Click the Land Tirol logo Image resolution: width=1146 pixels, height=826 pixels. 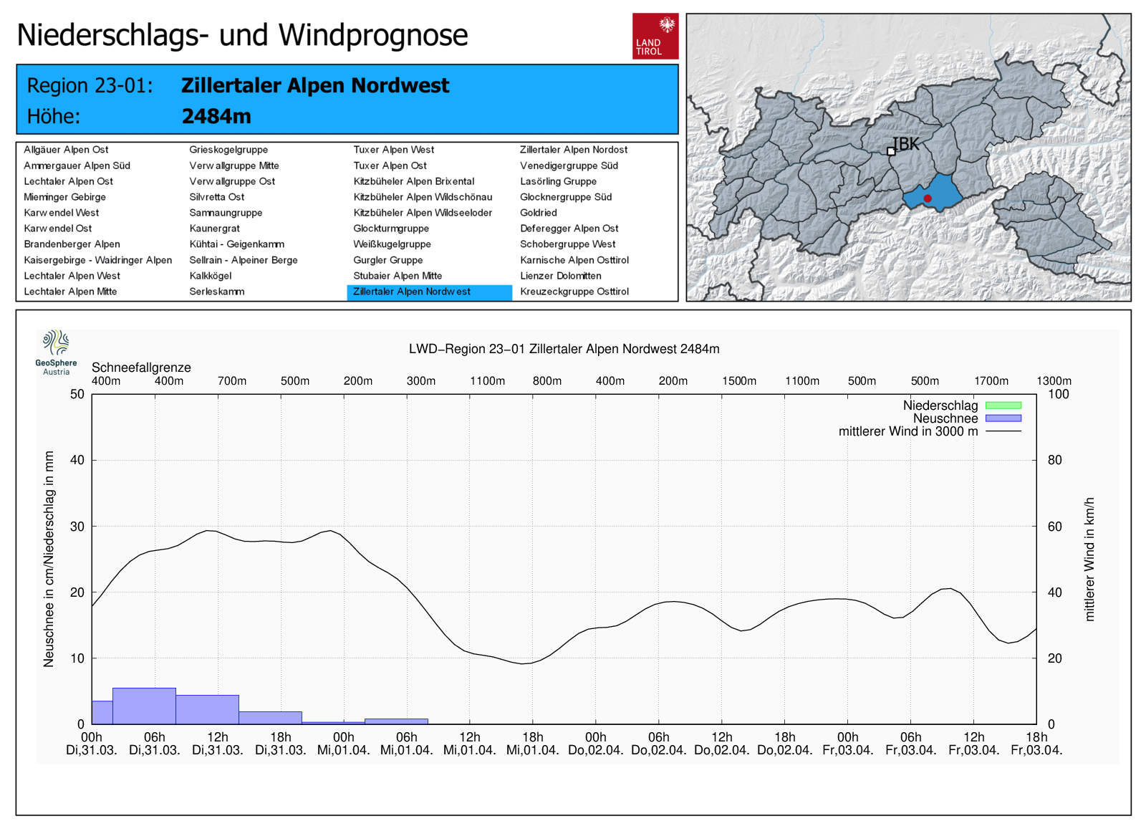[x=655, y=36]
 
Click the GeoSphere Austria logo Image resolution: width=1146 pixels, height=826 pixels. [x=56, y=352]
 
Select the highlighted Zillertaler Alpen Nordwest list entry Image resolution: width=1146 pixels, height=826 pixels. [x=429, y=292]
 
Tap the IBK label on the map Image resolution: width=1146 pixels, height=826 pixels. [x=906, y=144]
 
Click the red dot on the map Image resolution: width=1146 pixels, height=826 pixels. [x=928, y=198]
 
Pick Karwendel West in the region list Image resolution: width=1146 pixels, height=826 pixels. [x=62, y=213]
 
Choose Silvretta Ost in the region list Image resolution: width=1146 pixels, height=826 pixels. [x=217, y=197]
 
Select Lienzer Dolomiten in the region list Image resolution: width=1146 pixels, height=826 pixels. [x=561, y=276]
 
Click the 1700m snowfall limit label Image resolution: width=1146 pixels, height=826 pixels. [x=991, y=381]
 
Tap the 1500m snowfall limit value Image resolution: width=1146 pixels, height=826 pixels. [x=739, y=381]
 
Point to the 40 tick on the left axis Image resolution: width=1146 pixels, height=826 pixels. [x=77, y=460]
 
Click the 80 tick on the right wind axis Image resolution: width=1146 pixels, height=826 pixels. [x=1054, y=460]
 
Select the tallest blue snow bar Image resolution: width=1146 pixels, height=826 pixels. [x=144, y=706]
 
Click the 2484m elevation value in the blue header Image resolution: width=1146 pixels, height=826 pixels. [x=216, y=116]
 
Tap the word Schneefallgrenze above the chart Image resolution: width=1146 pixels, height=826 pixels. [x=141, y=368]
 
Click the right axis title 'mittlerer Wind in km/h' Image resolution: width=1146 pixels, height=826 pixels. [x=1089, y=559]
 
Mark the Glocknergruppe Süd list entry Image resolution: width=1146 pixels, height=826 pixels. [x=566, y=197]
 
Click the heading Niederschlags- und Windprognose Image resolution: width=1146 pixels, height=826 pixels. [x=242, y=35]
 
